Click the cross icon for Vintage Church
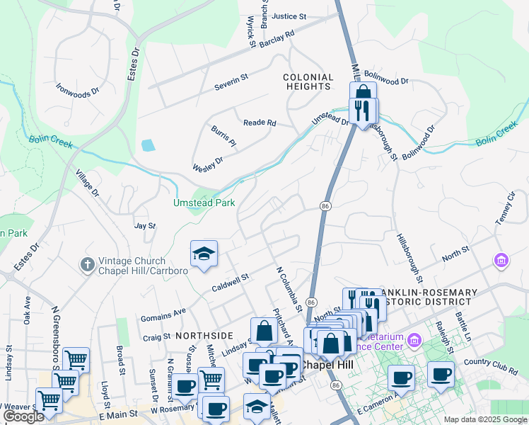pos(87,264)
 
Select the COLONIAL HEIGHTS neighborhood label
pos(308,81)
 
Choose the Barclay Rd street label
pos(276,39)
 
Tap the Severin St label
pos(232,87)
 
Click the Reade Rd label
pos(260,123)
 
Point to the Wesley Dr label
pos(208,165)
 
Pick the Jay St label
pos(144,226)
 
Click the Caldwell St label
pos(231,284)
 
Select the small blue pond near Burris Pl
pos(147,146)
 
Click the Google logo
pos(23,416)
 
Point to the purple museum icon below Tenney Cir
pos(501,261)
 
